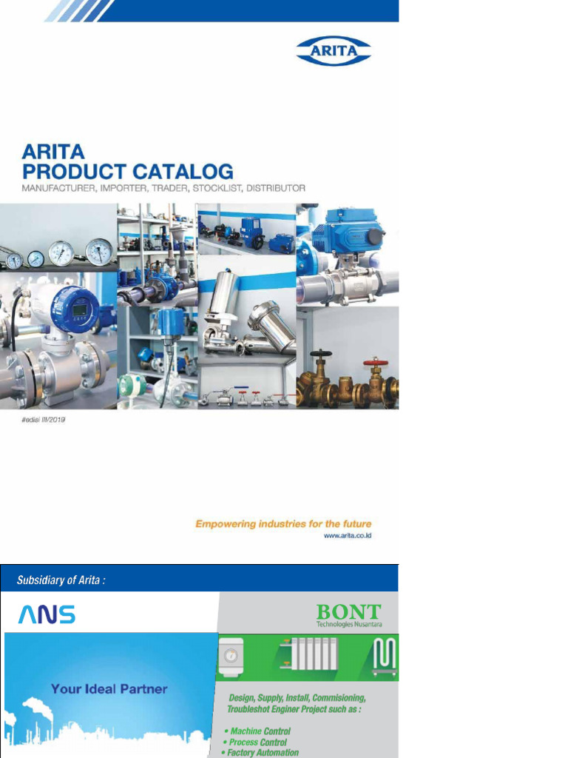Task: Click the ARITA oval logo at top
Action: [x=334, y=51]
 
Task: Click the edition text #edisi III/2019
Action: [x=44, y=420]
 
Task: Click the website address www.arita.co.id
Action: [x=348, y=535]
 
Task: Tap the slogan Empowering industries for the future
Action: [x=283, y=524]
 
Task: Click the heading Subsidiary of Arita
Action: [x=61, y=580]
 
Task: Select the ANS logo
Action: [x=47, y=614]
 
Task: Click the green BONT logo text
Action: [x=348, y=612]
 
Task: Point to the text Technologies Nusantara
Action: [x=349, y=624]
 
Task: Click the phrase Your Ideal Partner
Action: [x=109, y=689]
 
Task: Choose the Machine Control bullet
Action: [x=260, y=731]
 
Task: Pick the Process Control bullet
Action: [x=257, y=742]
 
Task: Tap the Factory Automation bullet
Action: [x=263, y=753]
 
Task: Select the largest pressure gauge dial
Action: [x=98, y=252]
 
